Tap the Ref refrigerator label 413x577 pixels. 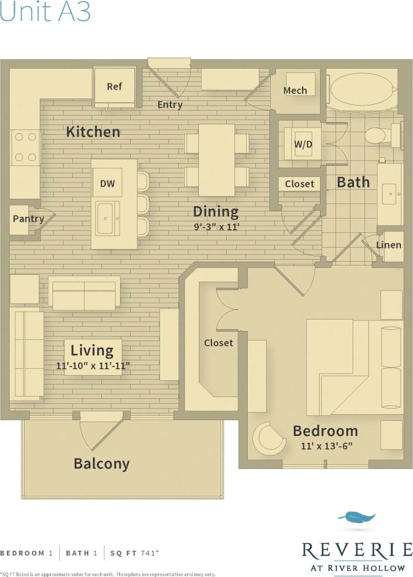114,87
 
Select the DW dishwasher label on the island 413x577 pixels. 108,184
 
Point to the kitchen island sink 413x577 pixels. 108,218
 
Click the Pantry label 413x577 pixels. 28,218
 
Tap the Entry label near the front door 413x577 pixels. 170,105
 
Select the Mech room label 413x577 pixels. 295,91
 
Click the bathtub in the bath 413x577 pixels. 362,91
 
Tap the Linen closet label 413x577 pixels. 389,245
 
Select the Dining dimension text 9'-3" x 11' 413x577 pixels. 216,227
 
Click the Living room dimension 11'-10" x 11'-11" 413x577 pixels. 92,366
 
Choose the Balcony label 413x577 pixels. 101,464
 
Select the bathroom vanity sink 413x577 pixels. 390,194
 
